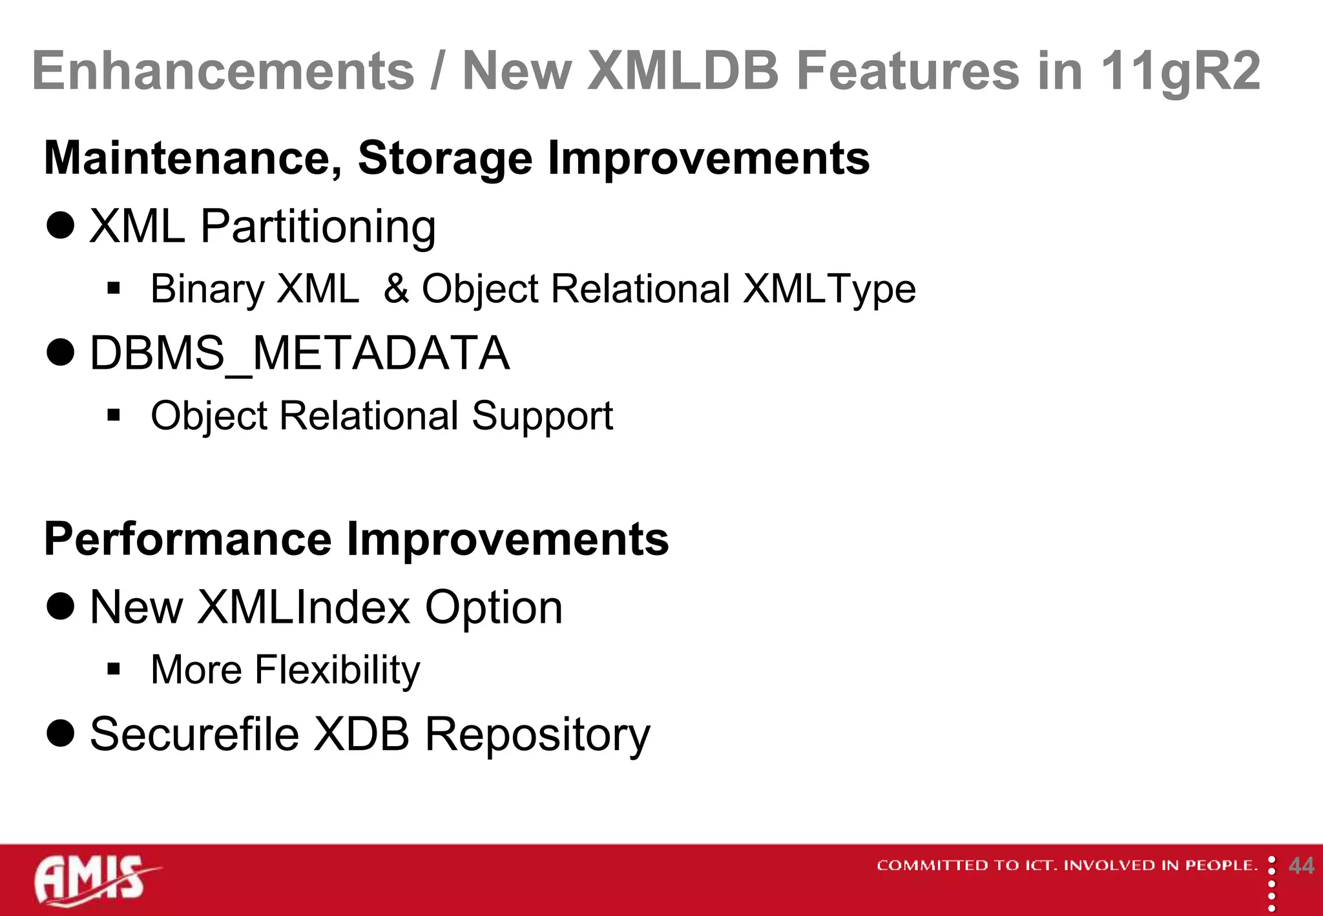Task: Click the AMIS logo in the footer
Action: [94, 880]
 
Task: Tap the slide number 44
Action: [1300, 866]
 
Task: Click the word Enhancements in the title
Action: [223, 71]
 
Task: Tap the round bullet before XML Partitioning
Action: [61, 226]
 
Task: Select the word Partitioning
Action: [318, 227]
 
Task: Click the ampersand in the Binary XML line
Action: [396, 289]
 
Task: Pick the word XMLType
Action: [829, 289]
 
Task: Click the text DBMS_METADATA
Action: [299, 354]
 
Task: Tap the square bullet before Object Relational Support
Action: [114, 415]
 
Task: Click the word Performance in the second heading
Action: [187, 539]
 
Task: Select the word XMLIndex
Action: [304, 607]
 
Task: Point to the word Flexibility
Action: [337, 670]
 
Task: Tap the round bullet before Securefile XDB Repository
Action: [61, 734]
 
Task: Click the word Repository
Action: [537, 735]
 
